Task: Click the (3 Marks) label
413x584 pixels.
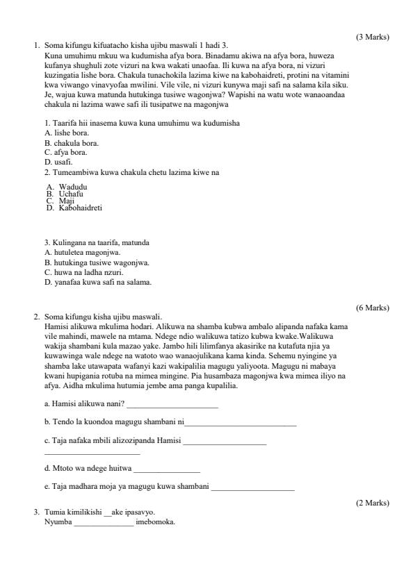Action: [x=372, y=37]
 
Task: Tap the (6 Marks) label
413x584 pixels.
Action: [x=372, y=308]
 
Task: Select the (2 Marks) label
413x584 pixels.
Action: [x=372, y=503]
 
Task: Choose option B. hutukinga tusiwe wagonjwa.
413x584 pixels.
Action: [x=97, y=262]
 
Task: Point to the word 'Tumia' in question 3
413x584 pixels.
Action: [x=54, y=512]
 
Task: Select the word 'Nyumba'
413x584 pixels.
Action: [x=58, y=522]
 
